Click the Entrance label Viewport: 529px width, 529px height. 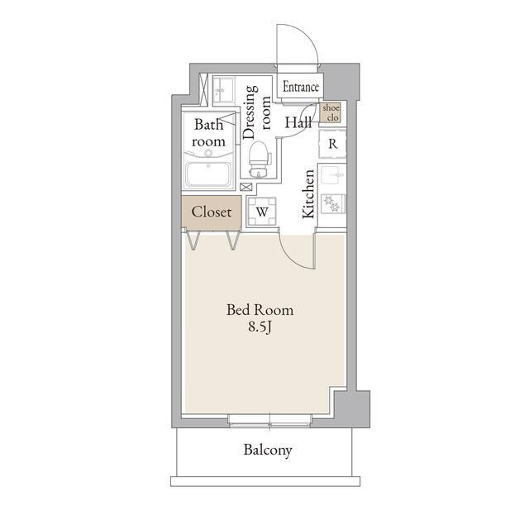(301, 87)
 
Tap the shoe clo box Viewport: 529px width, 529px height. (331, 112)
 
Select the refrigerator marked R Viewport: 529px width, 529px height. (332, 144)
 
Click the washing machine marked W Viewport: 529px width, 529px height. (262, 212)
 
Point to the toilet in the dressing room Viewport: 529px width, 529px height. (260, 160)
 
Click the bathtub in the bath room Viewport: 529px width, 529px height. (208, 174)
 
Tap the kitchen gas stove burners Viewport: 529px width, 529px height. (333, 203)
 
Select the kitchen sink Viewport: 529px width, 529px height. (333, 174)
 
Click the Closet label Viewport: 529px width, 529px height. (212, 212)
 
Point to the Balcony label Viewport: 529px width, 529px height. (268, 450)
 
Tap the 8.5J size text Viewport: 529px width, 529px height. (260, 327)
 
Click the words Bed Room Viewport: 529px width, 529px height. (260, 310)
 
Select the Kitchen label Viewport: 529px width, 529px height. (308, 193)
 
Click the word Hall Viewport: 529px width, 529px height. (298, 122)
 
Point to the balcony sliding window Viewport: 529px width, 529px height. (270, 421)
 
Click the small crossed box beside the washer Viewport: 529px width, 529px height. (246, 187)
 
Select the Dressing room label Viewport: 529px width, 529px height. (256, 112)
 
